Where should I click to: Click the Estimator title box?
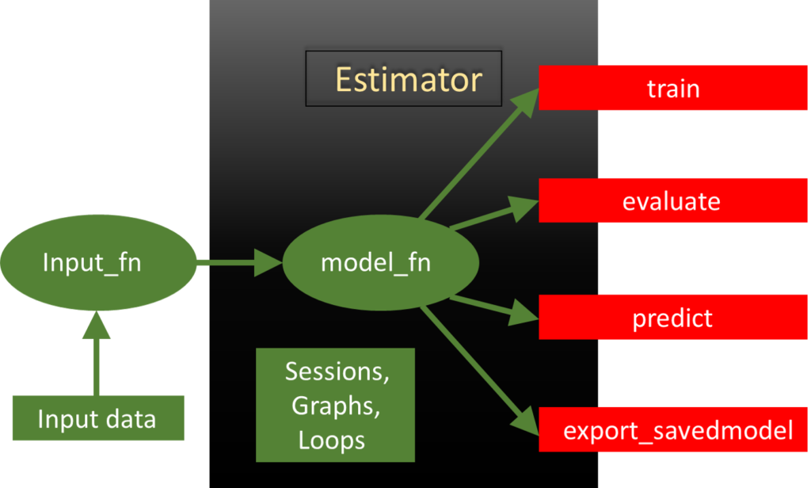pyautogui.click(x=404, y=79)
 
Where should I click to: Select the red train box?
pyautogui.click(x=673, y=88)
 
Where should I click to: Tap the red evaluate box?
pyautogui.click(x=673, y=201)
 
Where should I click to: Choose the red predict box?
pyautogui.click(x=673, y=318)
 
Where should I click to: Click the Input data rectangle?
pyautogui.click(x=97, y=418)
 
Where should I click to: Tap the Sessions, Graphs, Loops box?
pyautogui.click(x=335, y=405)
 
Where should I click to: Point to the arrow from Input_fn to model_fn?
pyautogui.click(x=238, y=262)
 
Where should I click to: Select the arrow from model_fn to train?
pyautogui.click(x=475, y=154)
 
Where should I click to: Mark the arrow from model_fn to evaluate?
pyautogui.click(x=491, y=215)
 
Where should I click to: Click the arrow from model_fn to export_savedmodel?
pyautogui.click(x=475, y=368)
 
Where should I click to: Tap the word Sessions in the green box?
pyautogui.click(x=337, y=371)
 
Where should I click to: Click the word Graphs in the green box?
pyautogui.click(x=333, y=405)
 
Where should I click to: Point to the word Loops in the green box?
pyautogui.click(x=332, y=440)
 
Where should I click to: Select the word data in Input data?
pyautogui.click(x=130, y=418)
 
